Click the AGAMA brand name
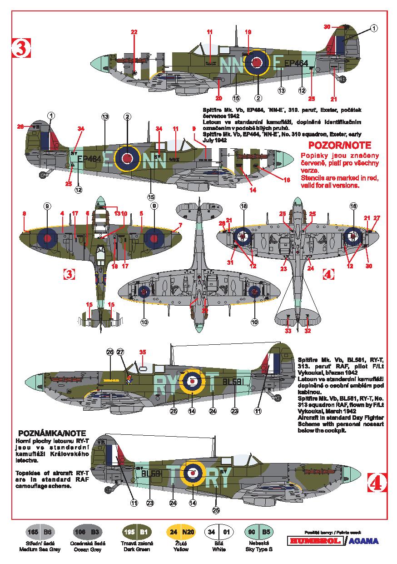(363, 541)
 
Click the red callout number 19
(248, 32)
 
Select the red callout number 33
(288, 331)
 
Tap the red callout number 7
(180, 225)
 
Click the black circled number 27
(120, 352)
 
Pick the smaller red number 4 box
(328, 274)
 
